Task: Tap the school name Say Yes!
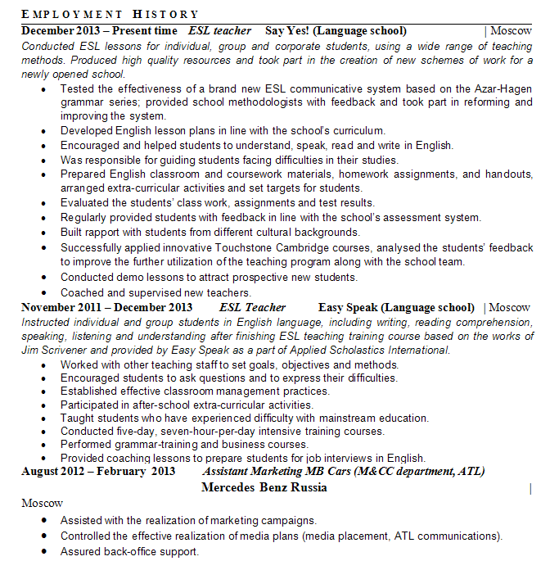286,31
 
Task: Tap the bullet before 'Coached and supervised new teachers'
43,293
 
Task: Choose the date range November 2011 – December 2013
107,308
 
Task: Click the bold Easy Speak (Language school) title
396,308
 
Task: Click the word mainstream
333,418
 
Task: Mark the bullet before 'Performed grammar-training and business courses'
43,446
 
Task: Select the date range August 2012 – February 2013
98,472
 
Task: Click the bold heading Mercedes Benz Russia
264,487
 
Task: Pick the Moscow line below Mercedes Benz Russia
42,503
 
